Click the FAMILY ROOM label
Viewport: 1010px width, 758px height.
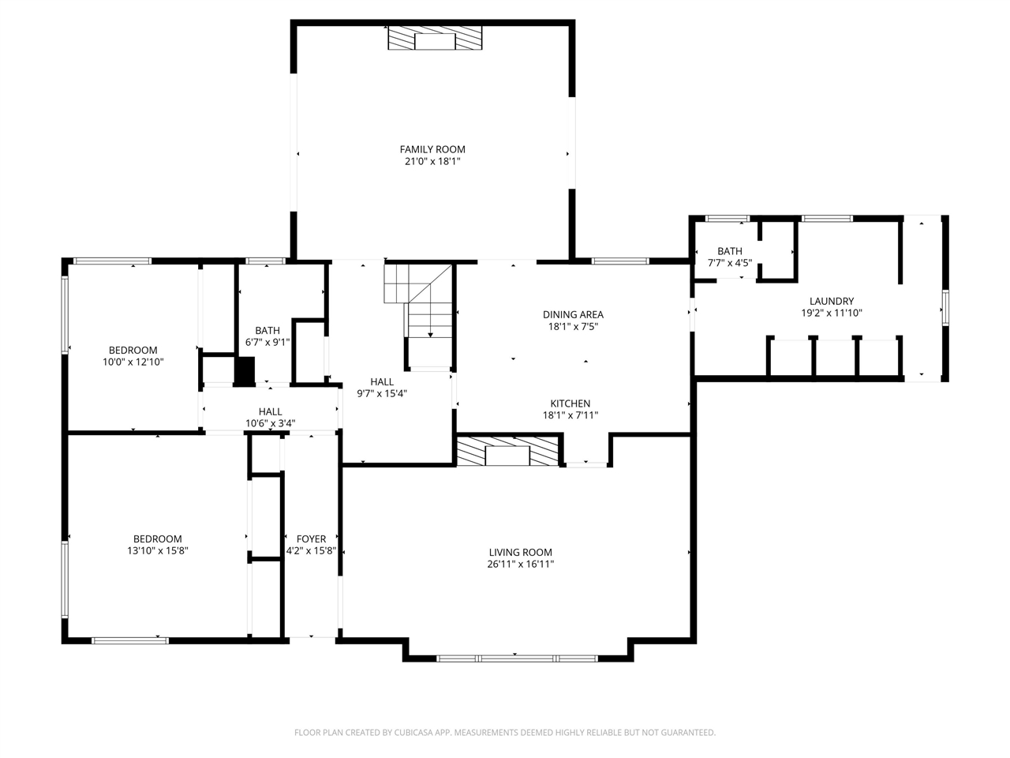point(432,149)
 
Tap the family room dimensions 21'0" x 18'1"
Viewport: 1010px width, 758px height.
point(432,161)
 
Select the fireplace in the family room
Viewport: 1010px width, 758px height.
point(435,37)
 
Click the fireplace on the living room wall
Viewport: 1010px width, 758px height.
point(507,451)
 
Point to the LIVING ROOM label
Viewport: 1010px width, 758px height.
point(521,552)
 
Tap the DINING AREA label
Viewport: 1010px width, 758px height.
point(573,314)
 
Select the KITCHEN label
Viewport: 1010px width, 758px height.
point(570,403)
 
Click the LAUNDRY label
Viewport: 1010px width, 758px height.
point(832,301)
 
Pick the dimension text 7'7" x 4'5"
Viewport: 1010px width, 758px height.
point(730,263)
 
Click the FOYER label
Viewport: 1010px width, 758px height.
point(311,538)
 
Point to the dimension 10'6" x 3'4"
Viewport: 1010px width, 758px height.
point(270,423)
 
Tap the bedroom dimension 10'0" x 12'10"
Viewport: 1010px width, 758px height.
point(133,362)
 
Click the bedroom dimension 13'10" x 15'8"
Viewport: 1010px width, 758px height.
point(158,550)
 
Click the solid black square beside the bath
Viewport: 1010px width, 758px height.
point(245,370)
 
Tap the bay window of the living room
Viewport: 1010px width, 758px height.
point(517,659)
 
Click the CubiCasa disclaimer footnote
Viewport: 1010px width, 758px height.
point(505,732)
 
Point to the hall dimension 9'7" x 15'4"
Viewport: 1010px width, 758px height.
point(382,393)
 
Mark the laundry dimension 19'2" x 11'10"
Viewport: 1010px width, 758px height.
point(832,313)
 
